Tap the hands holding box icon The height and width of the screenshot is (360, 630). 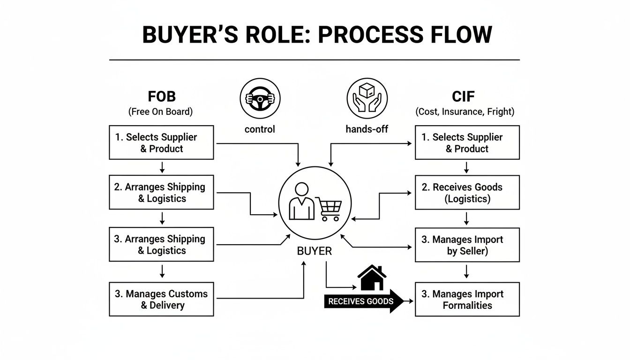coord(367,98)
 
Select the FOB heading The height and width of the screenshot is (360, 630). coord(162,97)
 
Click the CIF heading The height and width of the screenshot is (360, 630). coord(463,97)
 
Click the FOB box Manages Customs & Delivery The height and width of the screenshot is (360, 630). coord(161,299)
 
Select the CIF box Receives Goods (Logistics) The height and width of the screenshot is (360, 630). coord(467,192)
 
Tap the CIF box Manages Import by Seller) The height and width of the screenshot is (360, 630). coord(467,245)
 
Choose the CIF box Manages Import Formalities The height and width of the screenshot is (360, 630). coord(467,299)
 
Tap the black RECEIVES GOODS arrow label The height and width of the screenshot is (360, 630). coord(361,301)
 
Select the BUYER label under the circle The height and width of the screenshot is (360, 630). coord(315,251)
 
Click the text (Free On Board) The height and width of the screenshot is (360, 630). coord(160,112)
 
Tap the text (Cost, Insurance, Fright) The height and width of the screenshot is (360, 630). coord(465,112)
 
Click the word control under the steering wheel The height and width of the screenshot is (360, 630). coord(260,129)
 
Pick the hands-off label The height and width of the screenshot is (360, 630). coord(367,129)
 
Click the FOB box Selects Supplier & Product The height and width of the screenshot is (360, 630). coord(161,142)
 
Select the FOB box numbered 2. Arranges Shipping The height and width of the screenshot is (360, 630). coord(161,192)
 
